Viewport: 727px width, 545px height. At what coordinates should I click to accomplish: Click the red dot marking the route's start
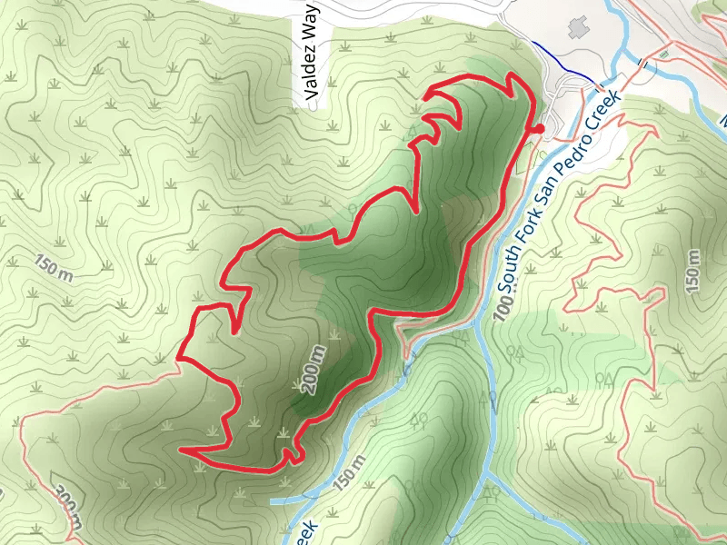point(538,130)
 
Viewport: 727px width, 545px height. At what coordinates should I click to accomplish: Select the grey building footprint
point(578,27)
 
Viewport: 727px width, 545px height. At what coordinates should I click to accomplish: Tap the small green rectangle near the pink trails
point(665,55)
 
